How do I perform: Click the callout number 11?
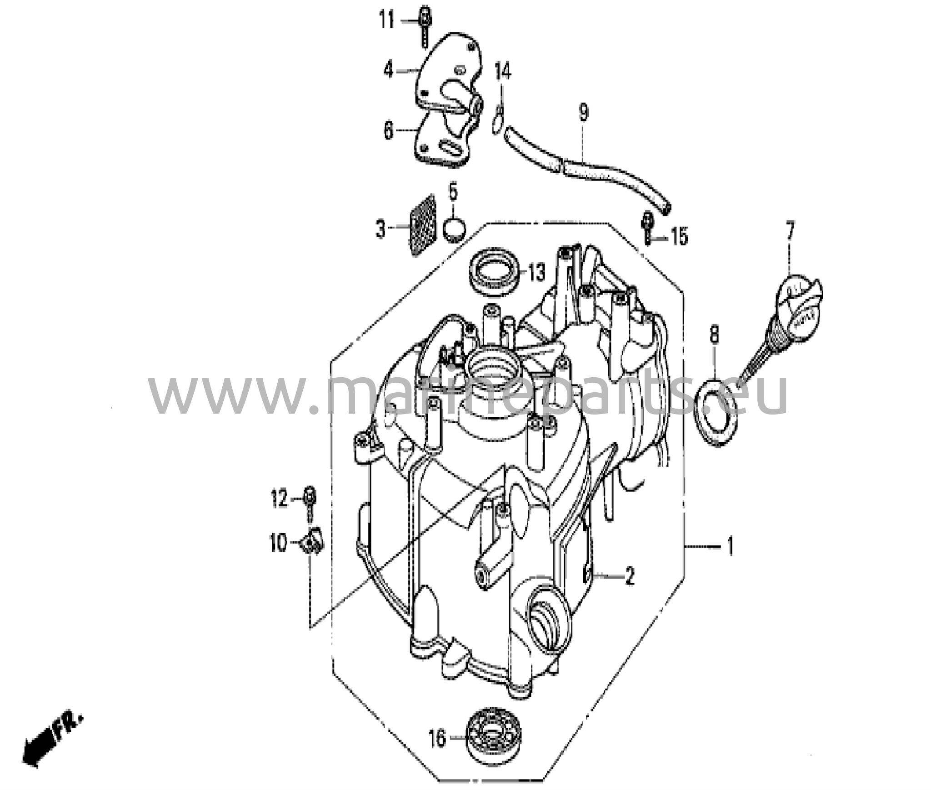pos(387,20)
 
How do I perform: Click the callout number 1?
pos(730,546)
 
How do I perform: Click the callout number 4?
pos(388,70)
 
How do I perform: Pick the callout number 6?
pos(388,131)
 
